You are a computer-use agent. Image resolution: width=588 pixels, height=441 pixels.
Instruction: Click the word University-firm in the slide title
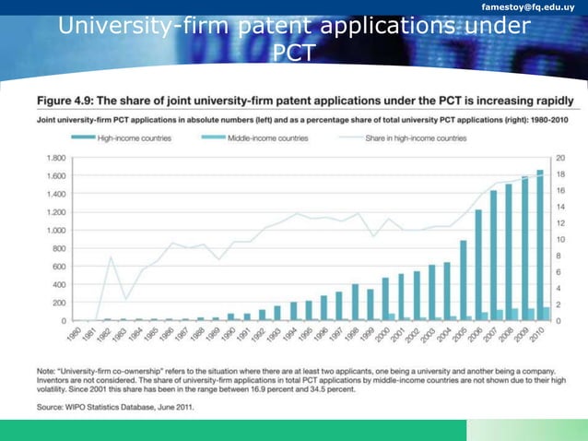pyautogui.click(x=147, y=29)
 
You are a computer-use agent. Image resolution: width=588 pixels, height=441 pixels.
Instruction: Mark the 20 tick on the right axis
pyautogui.click(x=560, y=158)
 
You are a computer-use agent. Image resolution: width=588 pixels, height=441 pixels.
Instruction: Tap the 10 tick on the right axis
pyautogui.click(x=560, y=239)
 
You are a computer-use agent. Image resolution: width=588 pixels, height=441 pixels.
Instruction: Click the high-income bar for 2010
pyautogui.click(x=539, y=245)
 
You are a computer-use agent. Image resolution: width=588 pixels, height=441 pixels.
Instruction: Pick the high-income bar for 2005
pyautogui.click(x=463, y=280)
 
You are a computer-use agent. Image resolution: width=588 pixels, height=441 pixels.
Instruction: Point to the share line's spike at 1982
pyautogui.click(x=111, y=257)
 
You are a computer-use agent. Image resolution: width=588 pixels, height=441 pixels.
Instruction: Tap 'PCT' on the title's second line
pyautogui.click(x=293, y=54)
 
